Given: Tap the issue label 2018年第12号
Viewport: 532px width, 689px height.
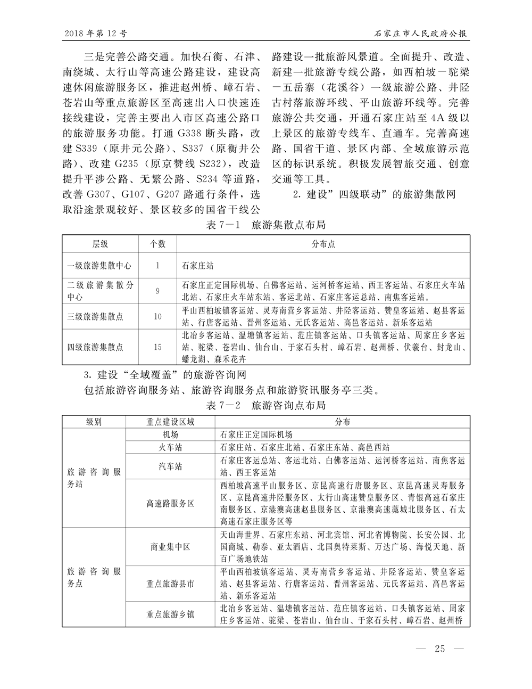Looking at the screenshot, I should tap(95, 34).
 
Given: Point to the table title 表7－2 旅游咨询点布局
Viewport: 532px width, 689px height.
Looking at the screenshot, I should tap(265, 406).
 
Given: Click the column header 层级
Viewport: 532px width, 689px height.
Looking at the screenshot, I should tap(100, 244).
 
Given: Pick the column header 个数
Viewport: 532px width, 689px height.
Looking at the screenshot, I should tap(157, 244).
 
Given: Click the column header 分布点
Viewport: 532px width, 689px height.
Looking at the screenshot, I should tap(323, 244).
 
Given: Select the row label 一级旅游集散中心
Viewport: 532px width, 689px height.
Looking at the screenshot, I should tap(99, 265).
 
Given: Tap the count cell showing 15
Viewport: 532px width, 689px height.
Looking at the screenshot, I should tap(157, 347).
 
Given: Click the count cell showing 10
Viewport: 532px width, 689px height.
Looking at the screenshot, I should tap(157, 316).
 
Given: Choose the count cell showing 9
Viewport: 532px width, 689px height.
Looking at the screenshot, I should tap(157, 291).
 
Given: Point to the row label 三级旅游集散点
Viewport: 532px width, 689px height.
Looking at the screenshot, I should tap(95, 316).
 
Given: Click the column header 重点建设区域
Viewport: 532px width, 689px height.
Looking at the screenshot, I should tap(170, 422).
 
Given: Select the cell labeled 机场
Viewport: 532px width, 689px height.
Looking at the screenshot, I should tap(170, 434).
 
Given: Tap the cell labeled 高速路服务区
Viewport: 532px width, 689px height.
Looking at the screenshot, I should tap(170, 503).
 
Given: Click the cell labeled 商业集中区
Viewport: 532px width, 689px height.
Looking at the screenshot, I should tap(170, 547).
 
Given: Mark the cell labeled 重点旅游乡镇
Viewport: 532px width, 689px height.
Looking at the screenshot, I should tap(170, 614).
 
